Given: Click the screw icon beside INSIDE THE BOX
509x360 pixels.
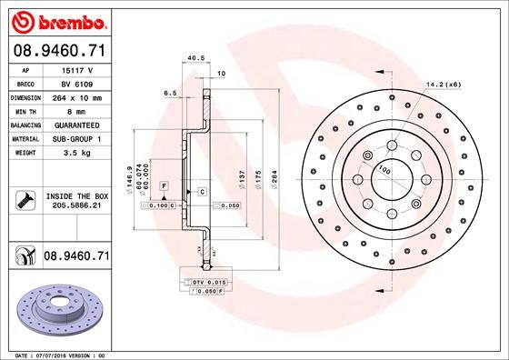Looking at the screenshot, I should [26, 201].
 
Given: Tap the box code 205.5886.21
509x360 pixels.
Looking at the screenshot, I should [77, 207].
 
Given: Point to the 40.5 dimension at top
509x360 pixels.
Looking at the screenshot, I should [193, 59].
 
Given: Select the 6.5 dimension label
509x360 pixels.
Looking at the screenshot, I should [169, 93].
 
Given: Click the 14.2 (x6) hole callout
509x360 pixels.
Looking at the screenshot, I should [444, 85].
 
